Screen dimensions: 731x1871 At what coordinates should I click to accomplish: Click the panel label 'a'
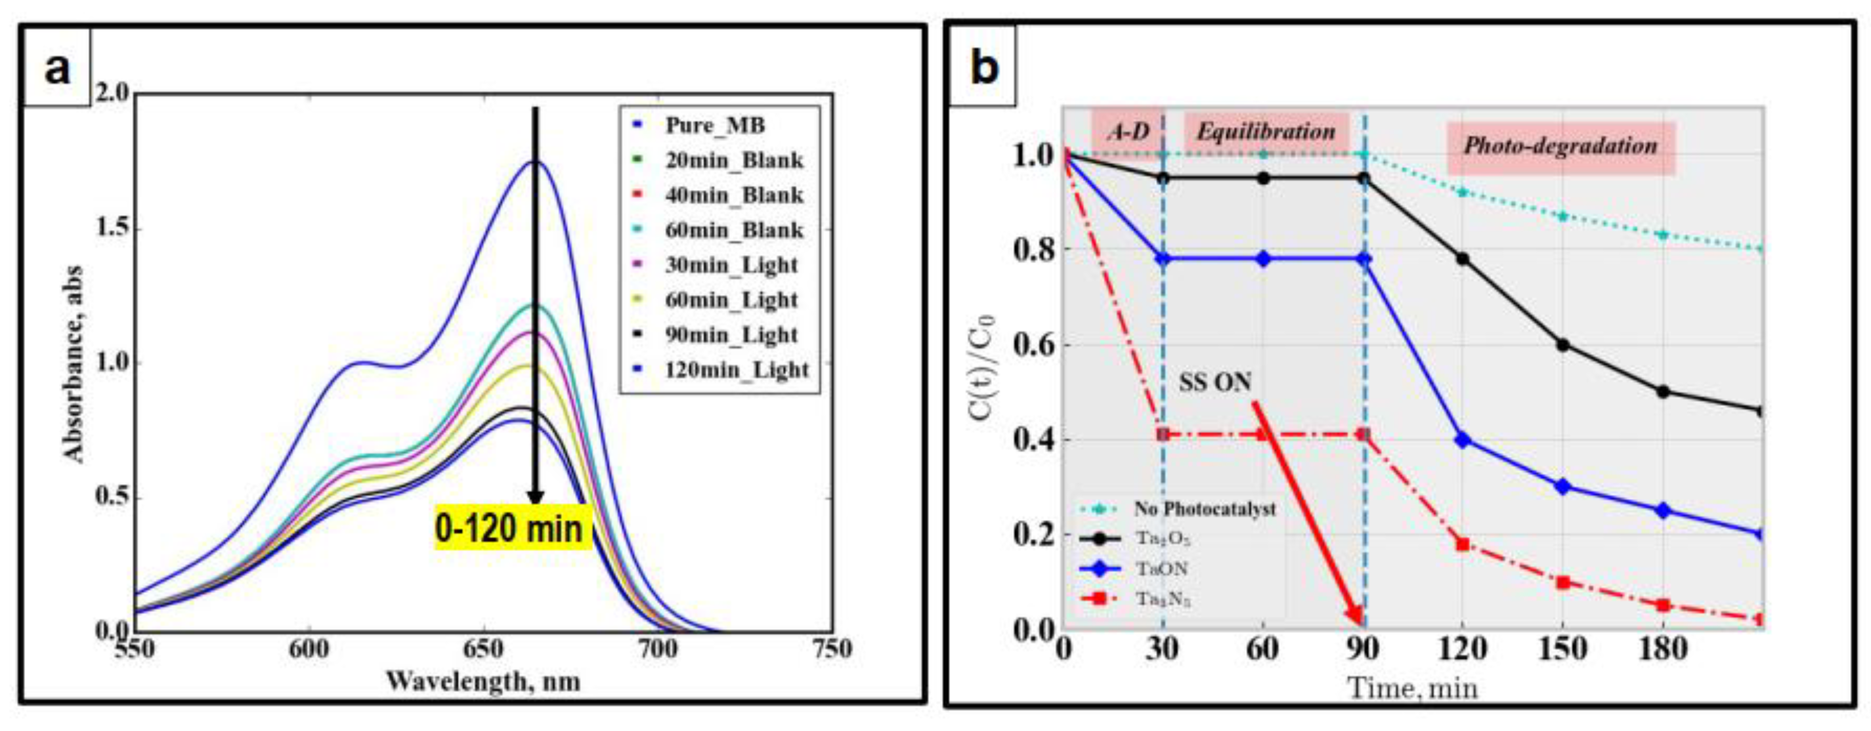pyautogui.click(x=58, y=69)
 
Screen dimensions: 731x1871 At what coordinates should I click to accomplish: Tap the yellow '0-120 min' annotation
pyautogui.click(x=508, y=528)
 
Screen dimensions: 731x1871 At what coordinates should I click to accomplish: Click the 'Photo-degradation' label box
pyautogui.click(x=1560, y=146)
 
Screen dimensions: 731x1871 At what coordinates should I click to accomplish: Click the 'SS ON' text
pyautogui.click(x=1215, y=383)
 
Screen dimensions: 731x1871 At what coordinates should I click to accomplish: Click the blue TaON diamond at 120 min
pyautogui.click(x=1463, y=439)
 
